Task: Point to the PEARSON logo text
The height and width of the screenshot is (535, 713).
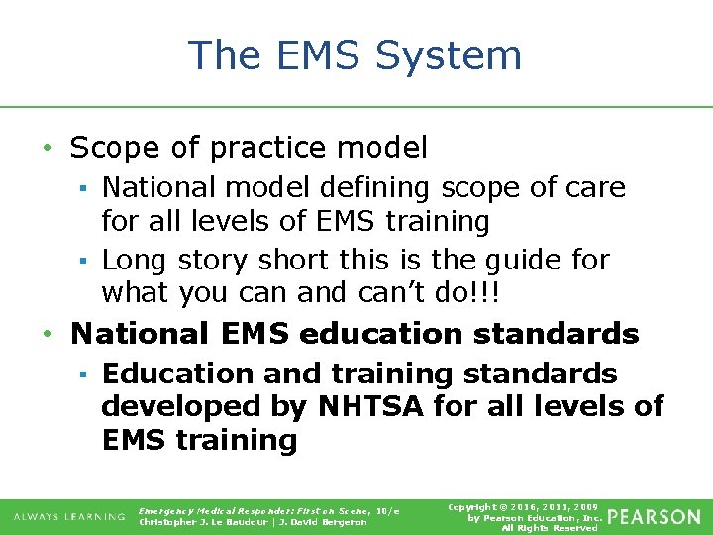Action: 653,517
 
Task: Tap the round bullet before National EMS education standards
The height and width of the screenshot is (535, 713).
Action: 48,334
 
